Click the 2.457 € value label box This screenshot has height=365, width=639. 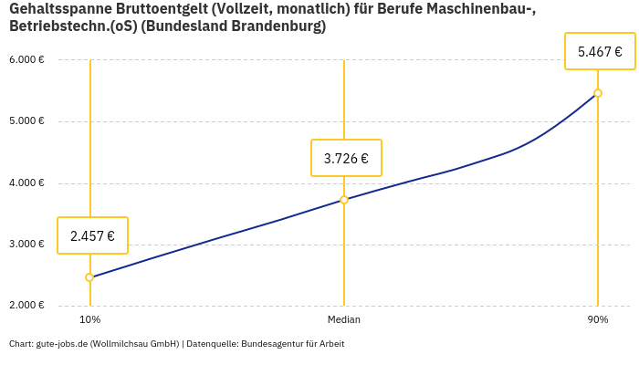pyautogui.click(x=92, y=235)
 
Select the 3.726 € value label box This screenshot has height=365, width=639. pyautogui.click(x=346, y=158)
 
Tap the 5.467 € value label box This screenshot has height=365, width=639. pyautogui.click(x=600, y=51)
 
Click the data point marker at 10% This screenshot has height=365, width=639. pyautogui.click(x=89, y=277)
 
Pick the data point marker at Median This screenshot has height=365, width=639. pyautogui.click(x=344, y=200)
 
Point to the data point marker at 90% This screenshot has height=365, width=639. pyautogui.click(x=598, y=93)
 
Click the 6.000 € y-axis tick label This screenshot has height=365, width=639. pyautogui.click(x=26, y=60)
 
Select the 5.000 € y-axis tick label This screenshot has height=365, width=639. pyautogui.click(x=26, y=121)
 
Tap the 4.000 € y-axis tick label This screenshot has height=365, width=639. pyautogui.click(x=26, y=183)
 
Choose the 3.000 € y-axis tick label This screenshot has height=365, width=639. pyautogui.click(x=26, y=245)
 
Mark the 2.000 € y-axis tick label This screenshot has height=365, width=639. pyautogui.click(x=26, y=306)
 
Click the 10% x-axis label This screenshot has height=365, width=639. pyautogui.click(x=89, y=320)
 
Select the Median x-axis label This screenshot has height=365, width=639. pyautogui.click(x=344, y=320)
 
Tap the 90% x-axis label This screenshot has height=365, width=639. pyautogui.click(x=598, y=320)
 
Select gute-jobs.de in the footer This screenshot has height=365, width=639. pyautogui.click(x=62, y=344)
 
